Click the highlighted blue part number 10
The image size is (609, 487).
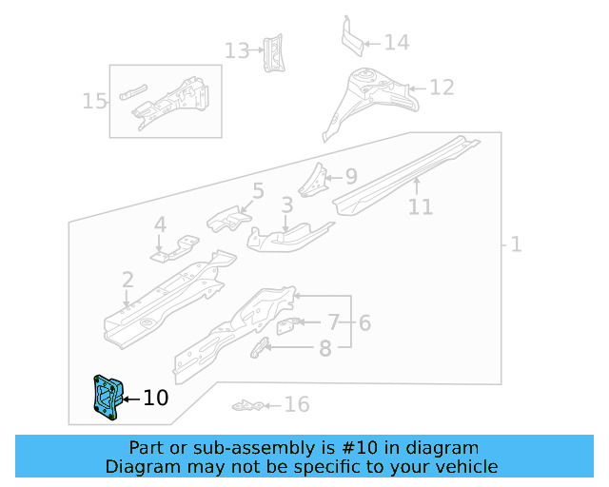[105, 397]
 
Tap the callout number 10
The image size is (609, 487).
[155, 398]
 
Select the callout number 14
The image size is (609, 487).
[396, 42]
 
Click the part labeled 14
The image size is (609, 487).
[351, 37]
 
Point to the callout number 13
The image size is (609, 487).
[236, 49]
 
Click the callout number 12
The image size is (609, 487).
[442, 88]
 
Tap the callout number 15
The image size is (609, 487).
[95, 100]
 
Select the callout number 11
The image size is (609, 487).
[421, 206]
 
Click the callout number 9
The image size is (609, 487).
[350, 176]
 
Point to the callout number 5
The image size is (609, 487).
[257, 191]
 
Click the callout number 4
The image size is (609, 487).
[160, 224]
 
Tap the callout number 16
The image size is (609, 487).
[297, 405]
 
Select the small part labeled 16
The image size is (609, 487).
[247, 406]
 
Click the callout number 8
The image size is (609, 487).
[324, 348]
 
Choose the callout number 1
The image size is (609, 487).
[516, 244]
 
